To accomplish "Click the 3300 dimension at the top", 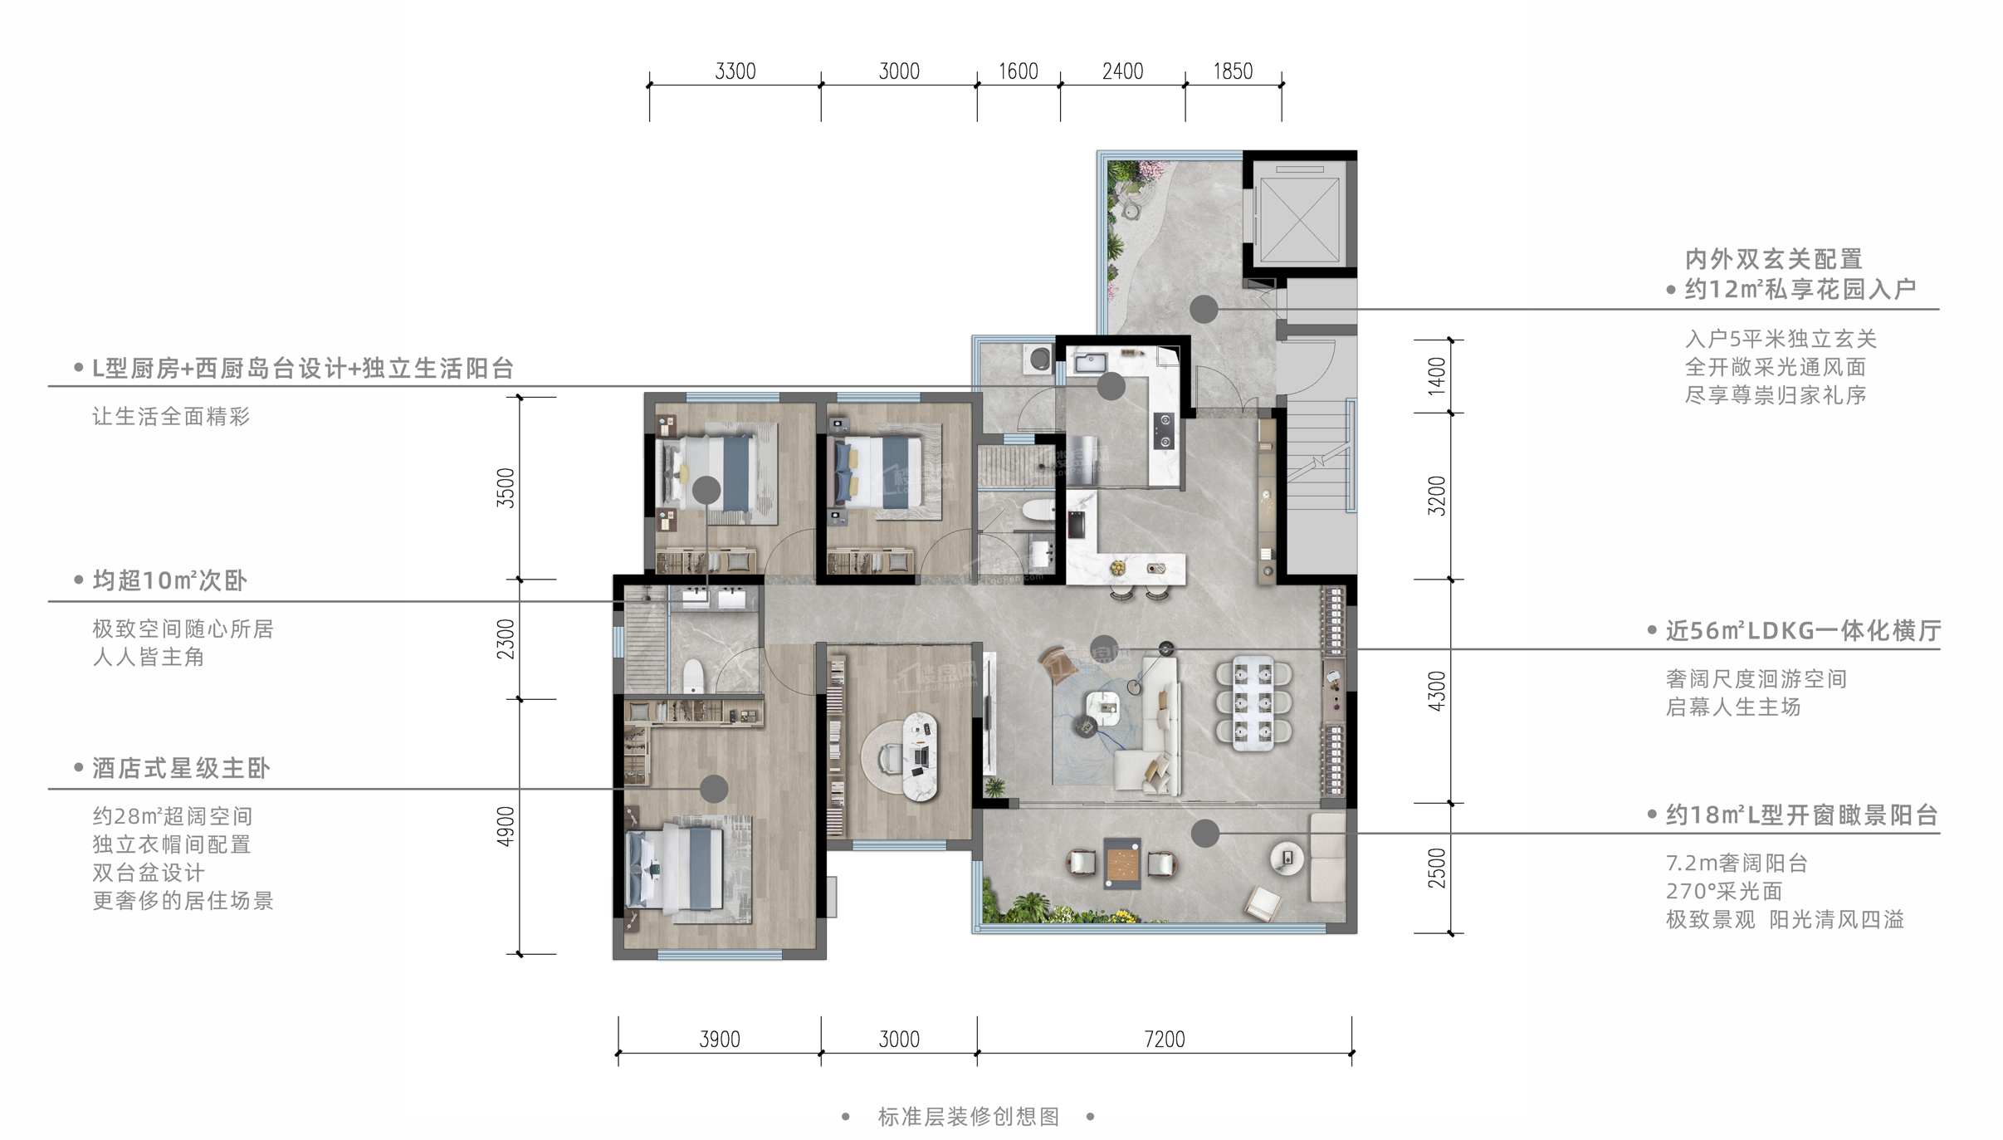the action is tap(735, 71).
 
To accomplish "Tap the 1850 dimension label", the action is tap(1233, 71).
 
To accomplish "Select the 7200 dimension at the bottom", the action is tap(1164, 1039).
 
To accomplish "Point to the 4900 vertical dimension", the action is tap(506, 826).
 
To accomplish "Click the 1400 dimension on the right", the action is tap(1437, 375).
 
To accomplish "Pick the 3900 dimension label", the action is tap(720, 1039).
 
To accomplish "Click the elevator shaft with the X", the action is tap(1299, 213).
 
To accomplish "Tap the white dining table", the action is tap(1253, 703).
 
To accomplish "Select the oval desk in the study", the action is tap(920, 756).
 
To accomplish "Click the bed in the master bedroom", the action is tap(677, 868).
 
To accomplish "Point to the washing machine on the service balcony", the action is tap(1038, 359).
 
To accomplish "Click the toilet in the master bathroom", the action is tap(692, 676).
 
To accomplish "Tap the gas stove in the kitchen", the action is tap(1165, 430).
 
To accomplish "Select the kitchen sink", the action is tap(1090, 363).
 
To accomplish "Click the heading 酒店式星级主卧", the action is tap(181, 768).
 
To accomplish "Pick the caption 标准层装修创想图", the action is tap(969, 1117).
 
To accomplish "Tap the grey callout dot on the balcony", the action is tap(1204, 833).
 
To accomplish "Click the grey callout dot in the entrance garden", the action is tap(1204, 309).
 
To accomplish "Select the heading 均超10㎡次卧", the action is tap(169, 580).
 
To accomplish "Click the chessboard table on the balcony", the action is tap(1122, 864).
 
